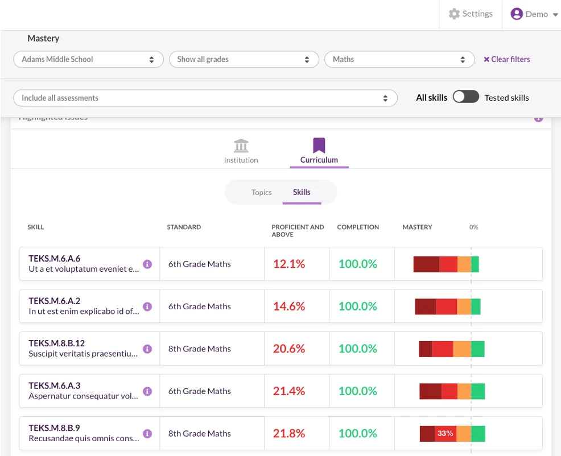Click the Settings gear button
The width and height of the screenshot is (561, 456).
(471, 14)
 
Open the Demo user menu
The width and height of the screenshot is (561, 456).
(534, 14)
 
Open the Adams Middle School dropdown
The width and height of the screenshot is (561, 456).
(88, 59)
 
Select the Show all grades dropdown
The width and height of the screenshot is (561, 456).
(244, 59)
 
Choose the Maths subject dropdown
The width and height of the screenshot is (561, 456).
(399, 59)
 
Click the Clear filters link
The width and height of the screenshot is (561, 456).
(507, 59)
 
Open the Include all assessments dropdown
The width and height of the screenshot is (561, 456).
(205, 98)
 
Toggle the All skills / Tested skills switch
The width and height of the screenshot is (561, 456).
(466, 97)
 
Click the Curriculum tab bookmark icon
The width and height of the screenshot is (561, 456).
(319, 146)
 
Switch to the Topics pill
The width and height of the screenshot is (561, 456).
(262, 192)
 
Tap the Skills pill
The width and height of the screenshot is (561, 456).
(302, 192)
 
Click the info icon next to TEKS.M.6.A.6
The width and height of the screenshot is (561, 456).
(147, 264)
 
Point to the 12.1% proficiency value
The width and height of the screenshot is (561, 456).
(289, 264)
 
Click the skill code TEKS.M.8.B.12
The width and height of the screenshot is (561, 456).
(57, 343)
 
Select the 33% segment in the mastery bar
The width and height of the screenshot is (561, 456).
(445, 433)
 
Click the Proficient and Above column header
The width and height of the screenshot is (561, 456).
(298, 230)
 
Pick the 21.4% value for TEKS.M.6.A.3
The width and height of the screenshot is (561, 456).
(289, 391)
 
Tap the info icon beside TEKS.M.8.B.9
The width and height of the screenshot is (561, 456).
(147, 433)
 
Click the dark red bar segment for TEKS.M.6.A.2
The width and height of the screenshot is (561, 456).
(425, 306)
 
